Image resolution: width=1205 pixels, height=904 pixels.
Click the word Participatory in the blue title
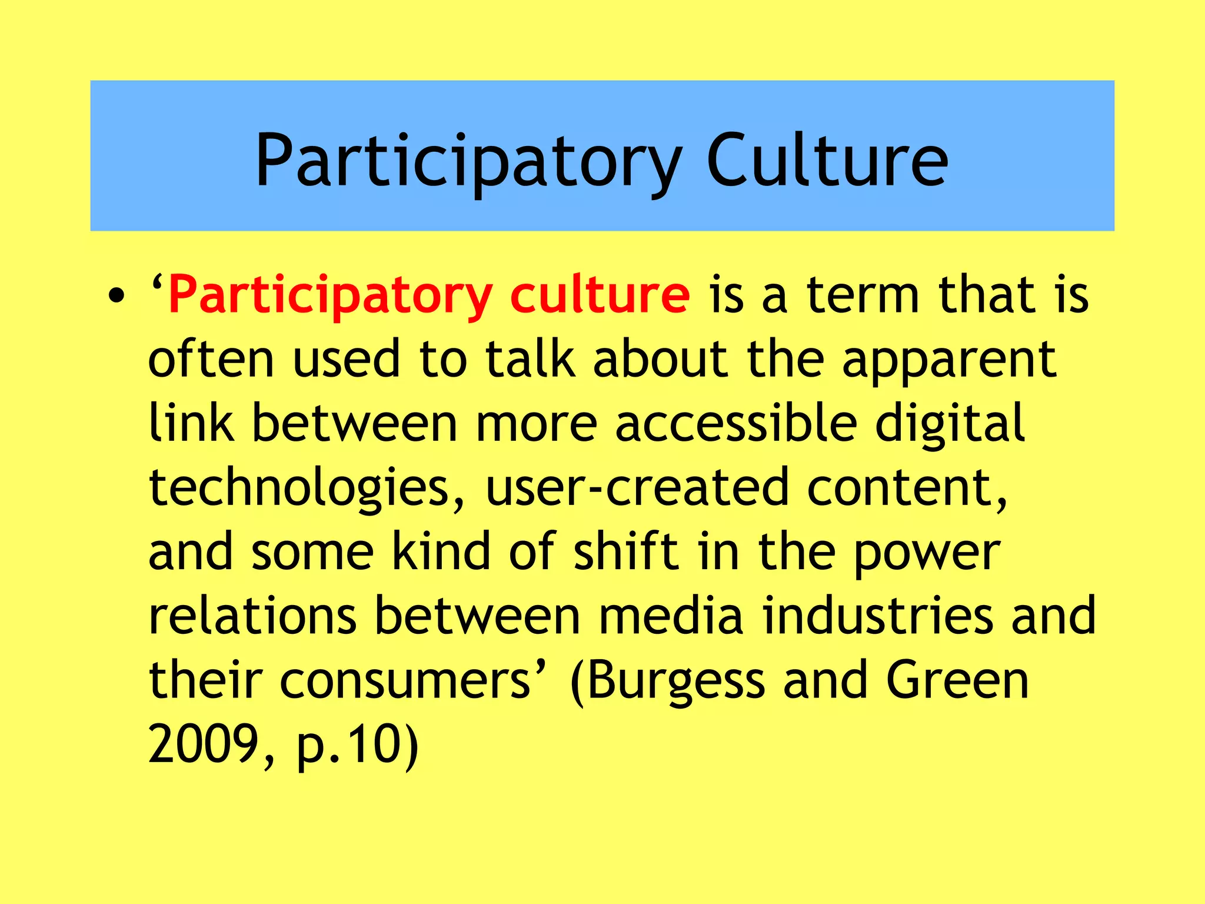[x=468, y=160]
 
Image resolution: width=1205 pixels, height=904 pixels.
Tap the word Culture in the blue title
[x=827, y=160]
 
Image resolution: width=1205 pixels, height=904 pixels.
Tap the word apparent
[x=949, y=360]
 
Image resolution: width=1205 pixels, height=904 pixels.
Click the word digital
[x=950, y=424]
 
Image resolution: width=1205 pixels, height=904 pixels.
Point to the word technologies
[x=306, y=488]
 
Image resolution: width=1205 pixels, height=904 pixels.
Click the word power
[x=927, y=553]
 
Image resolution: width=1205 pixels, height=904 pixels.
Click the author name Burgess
[x=676, y=681]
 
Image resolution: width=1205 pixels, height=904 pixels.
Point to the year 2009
[x=204, y=744]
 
